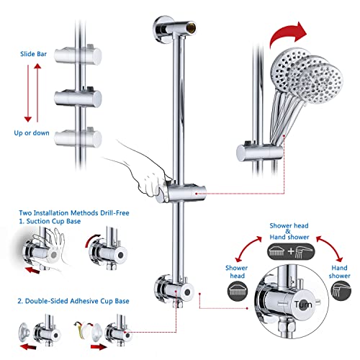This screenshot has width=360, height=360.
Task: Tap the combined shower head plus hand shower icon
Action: click(x=289, y=251)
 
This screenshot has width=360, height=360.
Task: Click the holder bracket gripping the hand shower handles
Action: click(x=248, y=151)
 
